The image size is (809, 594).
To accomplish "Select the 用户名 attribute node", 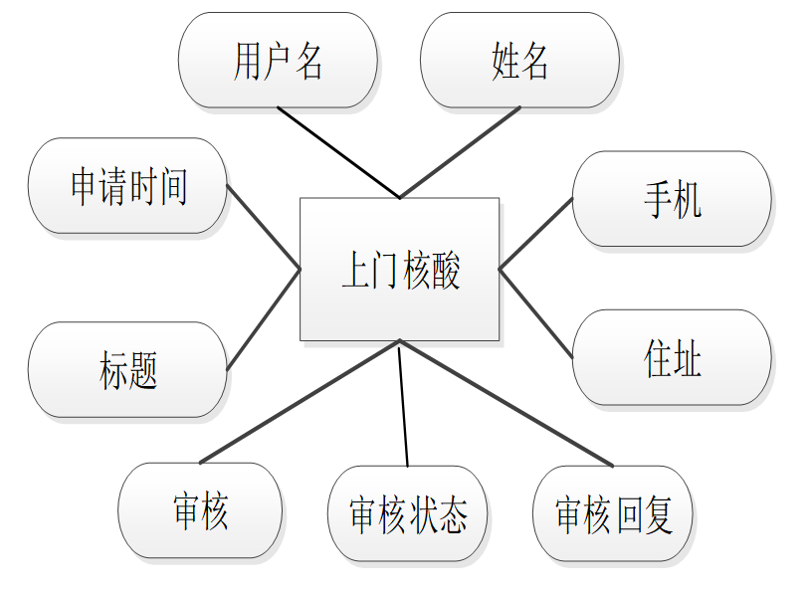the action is coord(278,60).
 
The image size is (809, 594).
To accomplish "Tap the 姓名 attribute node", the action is coord(519,60).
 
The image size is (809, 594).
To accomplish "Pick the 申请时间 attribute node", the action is coord(127,186).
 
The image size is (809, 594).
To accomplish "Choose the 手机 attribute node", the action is coord(672,199).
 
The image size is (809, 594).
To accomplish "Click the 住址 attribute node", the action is coord(672,357).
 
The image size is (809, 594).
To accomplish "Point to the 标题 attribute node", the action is coord(127,369).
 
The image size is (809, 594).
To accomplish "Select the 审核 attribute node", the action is coord(200,510).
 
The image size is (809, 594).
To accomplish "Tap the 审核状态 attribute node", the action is coord(408,514).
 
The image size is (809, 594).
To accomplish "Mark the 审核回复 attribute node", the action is coord(613,514).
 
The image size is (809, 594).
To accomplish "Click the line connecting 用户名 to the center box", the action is coord(338,152).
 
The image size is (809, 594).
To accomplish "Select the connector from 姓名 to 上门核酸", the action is coord(460,152).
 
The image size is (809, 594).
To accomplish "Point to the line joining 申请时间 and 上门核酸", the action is coord(264,227).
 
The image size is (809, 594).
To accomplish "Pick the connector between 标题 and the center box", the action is coord(264,318).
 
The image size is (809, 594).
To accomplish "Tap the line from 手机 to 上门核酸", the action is coord(535,234).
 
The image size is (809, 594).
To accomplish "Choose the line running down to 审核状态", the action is coord(403,403).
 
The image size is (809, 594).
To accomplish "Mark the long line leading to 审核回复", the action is coord(506,402).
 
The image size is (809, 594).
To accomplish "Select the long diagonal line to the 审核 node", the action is coord(300,402).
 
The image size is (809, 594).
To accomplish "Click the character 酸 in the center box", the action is coord(446,271).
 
